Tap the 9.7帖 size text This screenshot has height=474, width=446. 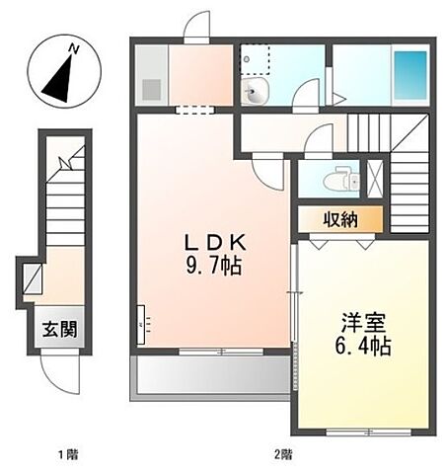pos(212,267)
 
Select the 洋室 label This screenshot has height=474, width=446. pos(363,323)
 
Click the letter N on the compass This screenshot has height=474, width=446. pos(72,47)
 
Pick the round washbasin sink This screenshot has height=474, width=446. pos(256,95)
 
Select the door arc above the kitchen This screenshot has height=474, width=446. pos(198,26)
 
